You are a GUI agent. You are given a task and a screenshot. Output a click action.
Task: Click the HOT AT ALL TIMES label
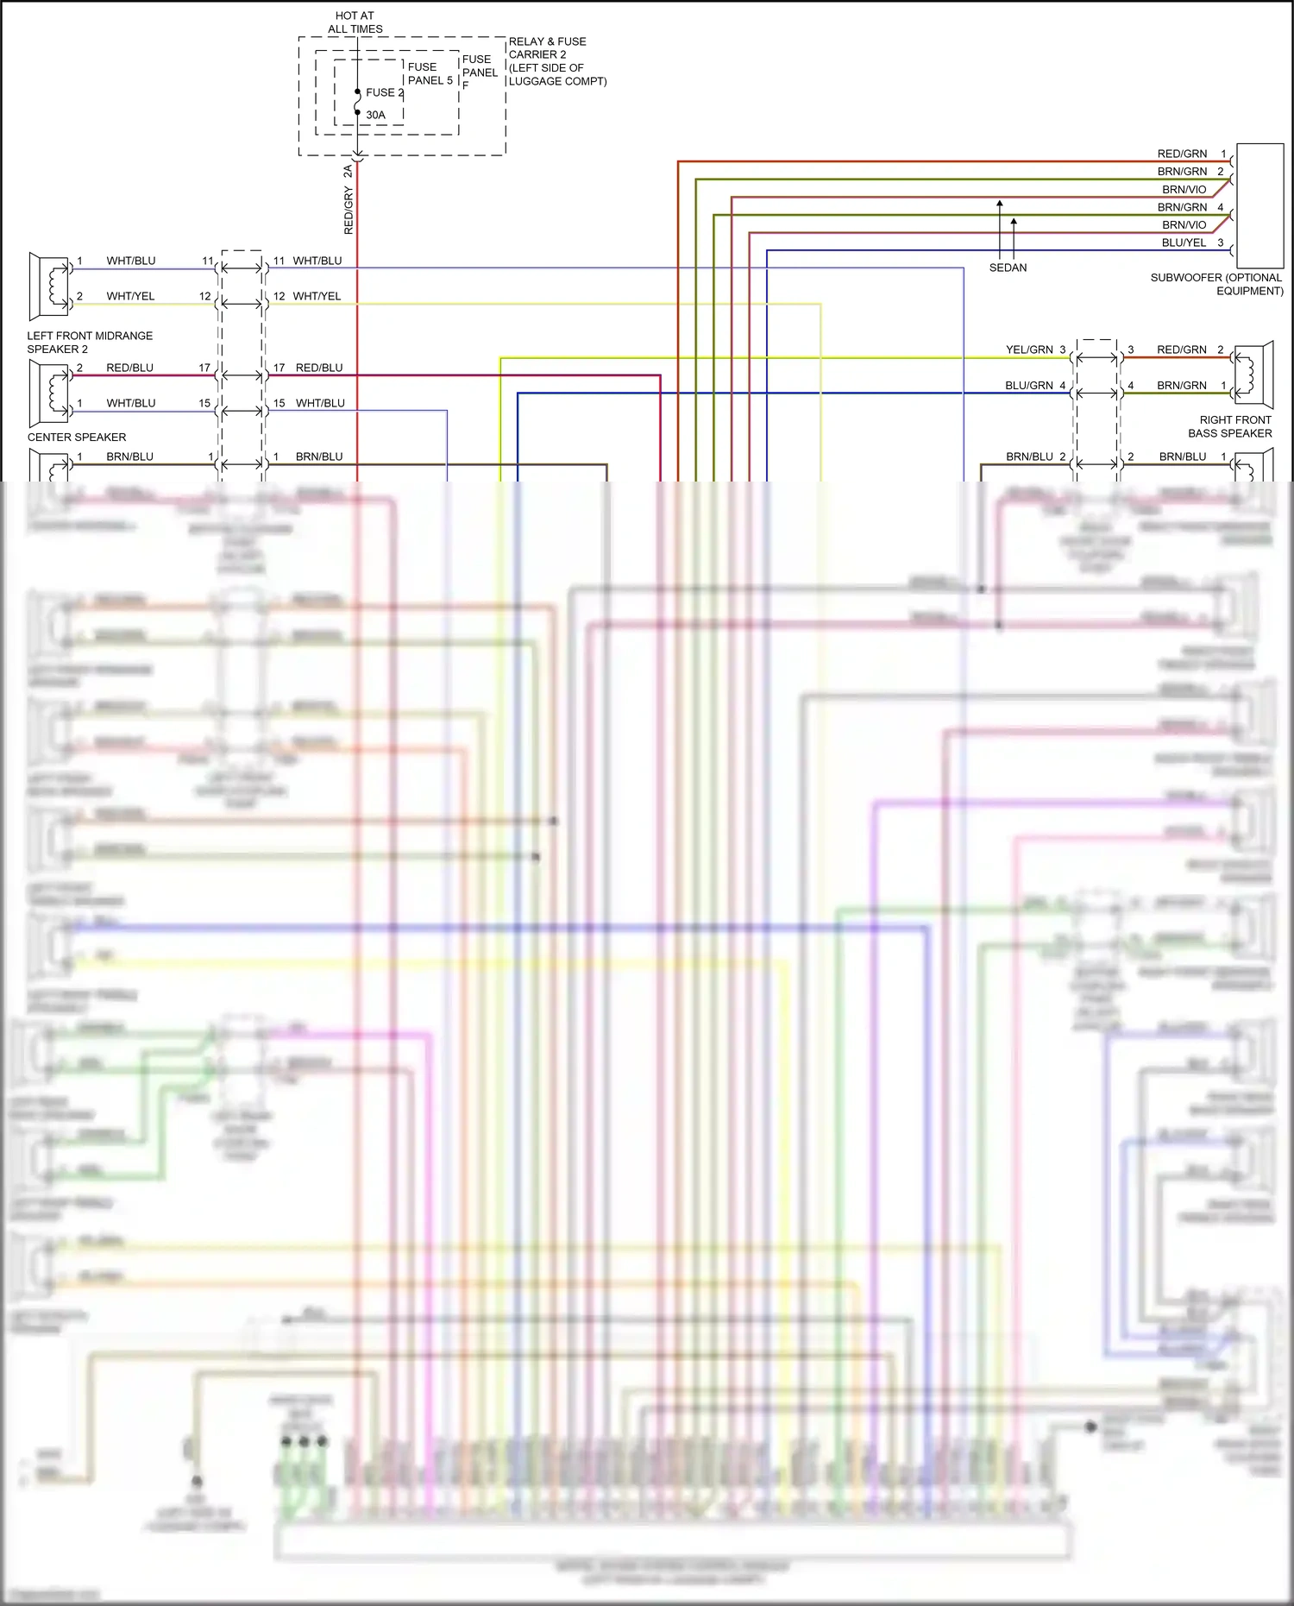[355, 22]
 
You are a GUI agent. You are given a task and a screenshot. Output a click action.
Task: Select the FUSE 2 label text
[384, 92]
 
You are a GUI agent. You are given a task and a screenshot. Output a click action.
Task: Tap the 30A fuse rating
[375, 115]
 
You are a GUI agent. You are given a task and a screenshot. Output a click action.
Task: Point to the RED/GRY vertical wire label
[349, 211]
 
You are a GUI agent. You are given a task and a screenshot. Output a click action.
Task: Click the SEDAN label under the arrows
[1008, 268]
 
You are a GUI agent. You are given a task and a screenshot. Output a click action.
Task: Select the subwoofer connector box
[1259, 205]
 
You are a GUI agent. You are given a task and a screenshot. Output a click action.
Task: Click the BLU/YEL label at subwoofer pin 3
[1184, 242]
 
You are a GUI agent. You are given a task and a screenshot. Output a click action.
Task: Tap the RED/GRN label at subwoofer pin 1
[1182, 154]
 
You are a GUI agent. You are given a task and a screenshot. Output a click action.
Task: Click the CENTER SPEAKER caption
[77, 437]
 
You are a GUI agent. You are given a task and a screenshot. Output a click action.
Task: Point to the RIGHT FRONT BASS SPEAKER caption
[1229, 426]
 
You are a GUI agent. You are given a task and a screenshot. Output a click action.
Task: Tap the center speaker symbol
[49, 393]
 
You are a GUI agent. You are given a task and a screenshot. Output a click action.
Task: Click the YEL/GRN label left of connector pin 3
[1029, 350]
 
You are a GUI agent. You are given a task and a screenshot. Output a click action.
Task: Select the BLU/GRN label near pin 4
[1028, 385]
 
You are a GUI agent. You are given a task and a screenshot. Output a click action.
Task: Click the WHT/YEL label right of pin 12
[317, 296]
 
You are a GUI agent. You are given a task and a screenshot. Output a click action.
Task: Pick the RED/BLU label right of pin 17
[319, 368]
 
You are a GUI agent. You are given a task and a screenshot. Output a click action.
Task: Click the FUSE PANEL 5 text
[430, 73]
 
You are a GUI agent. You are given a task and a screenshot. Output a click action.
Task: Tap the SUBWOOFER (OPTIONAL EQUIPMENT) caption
[1216, 284]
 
